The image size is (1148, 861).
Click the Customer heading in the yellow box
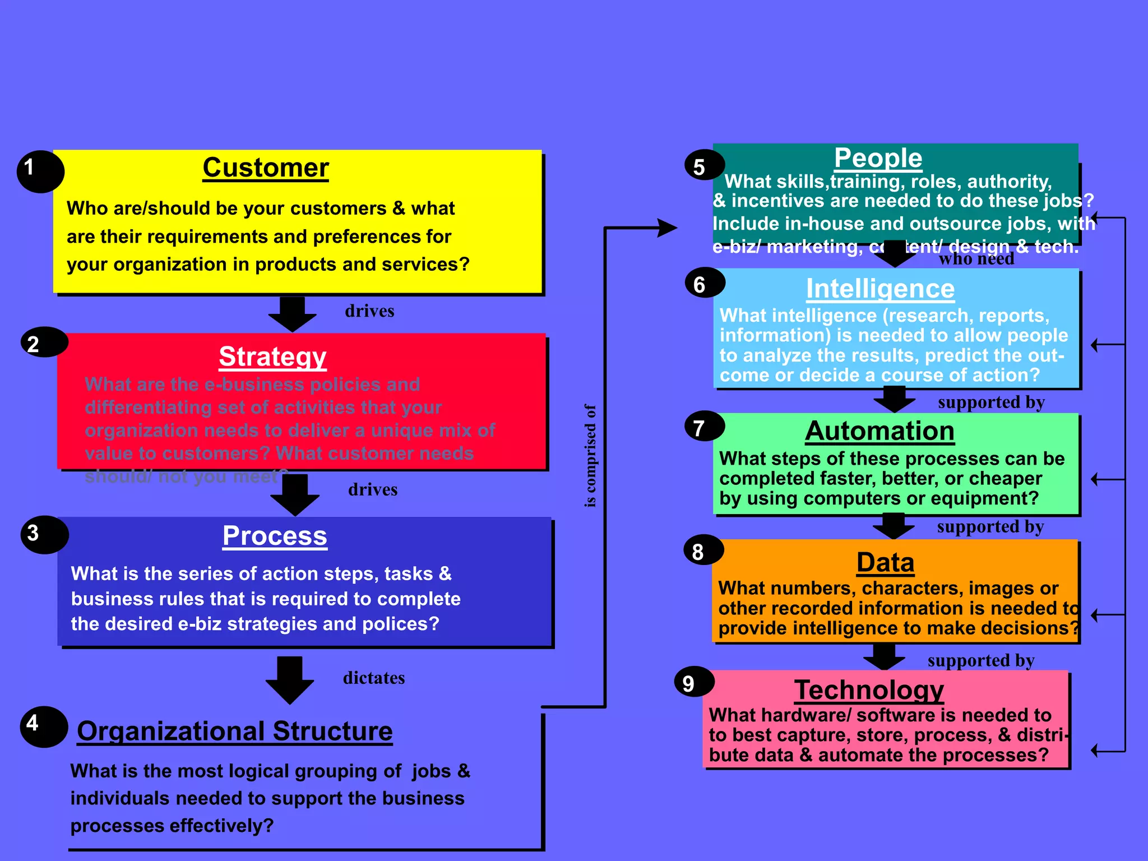(x=266, y=168)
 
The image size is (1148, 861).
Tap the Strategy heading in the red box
(x=272, y=357)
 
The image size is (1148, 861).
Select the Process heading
(x=275, y=535)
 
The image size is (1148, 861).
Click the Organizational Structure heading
(x=235, y=731)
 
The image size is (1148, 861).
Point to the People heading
(x=878, y=158)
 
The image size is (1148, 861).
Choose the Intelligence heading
(x=880, y=289)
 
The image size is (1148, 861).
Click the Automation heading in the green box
(x=879, y=431)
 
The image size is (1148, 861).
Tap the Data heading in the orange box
(x=885, y=562)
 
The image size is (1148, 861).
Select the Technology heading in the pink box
(x=869, y=689)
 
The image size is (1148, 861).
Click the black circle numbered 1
(x=40, y=171)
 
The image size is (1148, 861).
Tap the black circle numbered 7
(x=704, y=428)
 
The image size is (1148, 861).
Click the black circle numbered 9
(x=694, y=682)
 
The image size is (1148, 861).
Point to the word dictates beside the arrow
(x=374, y=678)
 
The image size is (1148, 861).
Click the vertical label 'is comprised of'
(x=590, y=456)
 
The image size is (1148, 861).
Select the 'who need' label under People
(x=976, y=259)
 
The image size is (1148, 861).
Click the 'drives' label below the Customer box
(x=369, y=311)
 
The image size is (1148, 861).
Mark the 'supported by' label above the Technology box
(x=981, y=661)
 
